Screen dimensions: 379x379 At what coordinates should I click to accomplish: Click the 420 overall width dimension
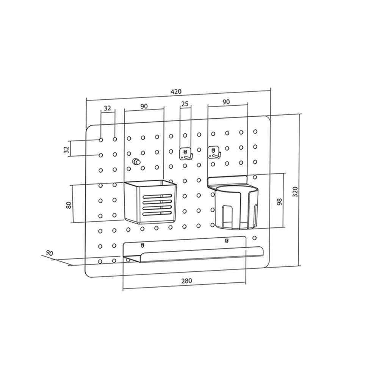tap(176, 91)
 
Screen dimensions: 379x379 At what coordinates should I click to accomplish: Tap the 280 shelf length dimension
tap(186, 281)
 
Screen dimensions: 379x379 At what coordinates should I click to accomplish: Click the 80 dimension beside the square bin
tap(69, 205)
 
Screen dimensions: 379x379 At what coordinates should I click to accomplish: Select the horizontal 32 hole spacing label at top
tap(107, 108)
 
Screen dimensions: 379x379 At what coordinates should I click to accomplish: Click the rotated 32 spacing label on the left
tap(66, 149)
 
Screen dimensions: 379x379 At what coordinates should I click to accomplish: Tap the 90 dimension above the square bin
tap(144, 106)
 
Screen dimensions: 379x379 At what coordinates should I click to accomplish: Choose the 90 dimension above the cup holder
tap(226, 102)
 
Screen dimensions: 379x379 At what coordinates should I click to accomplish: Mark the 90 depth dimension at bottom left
tap(49, 252)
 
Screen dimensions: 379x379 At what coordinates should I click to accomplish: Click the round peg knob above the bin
tap(135, 162)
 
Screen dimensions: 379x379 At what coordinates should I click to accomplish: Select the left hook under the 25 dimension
tap(185, 153)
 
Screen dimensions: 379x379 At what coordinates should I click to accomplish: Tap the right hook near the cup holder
tap(215, 152)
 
